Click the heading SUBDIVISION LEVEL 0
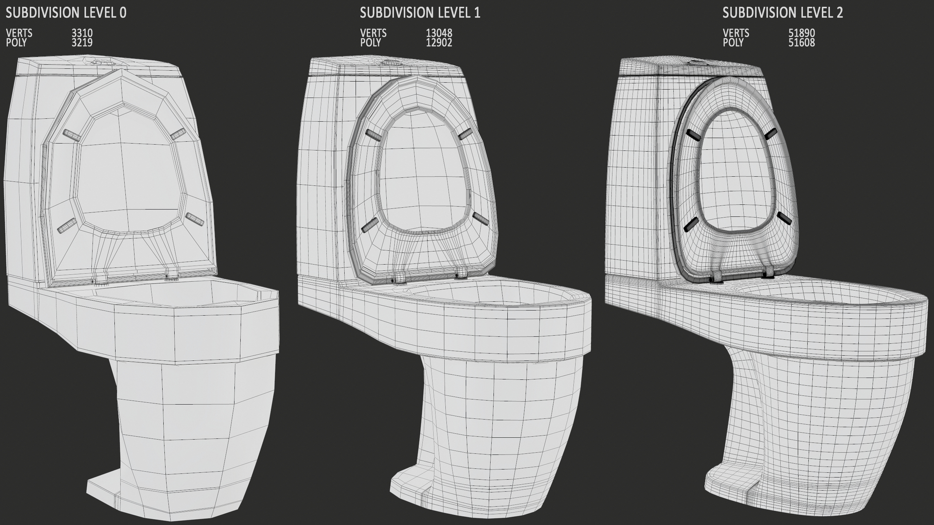(66, 13)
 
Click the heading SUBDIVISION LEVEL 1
(420, 13)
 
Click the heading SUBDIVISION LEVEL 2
(782, 13)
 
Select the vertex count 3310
(82, 33)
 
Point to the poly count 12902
(439, 43)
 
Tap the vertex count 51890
(801, 33)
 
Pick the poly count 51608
(801, 43)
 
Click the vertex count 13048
(439, 33)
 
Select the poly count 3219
(82, 43)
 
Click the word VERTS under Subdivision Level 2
(736, 33)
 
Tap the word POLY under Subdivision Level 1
(370, 43)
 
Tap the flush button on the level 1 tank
(390, 62)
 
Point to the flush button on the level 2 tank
(698, 63)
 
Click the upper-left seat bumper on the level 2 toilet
(693, 135)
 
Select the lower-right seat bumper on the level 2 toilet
(785, 218)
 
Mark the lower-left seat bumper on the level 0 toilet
(67, 225)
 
